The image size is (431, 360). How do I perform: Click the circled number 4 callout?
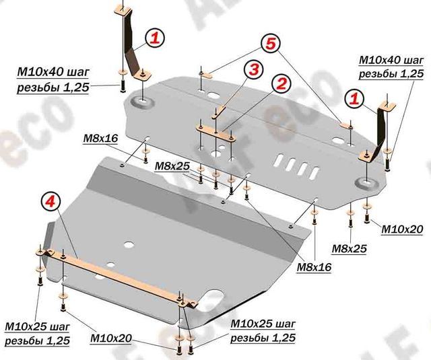coord(51,201)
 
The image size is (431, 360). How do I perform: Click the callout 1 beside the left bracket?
coord(154,38)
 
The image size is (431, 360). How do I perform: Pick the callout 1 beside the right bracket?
coord(352,98)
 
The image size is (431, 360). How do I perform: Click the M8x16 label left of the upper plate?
coord(101,139)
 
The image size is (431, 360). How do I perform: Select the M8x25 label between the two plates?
coord(173,166)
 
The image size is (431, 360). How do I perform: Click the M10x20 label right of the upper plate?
coord(402,229)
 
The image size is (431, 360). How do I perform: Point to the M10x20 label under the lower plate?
coord(111,338)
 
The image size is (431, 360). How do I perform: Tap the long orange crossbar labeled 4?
coord(114,276)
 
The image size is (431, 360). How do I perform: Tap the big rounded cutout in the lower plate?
coord(215,297)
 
